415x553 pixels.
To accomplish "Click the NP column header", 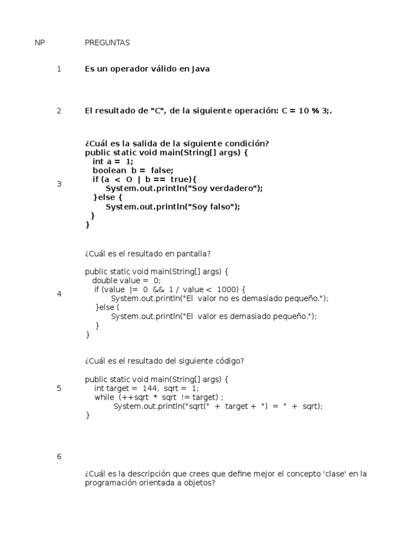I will tap(39, 43).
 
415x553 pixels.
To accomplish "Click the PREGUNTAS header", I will tap(107, 43).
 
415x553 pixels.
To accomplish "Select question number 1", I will tap(59, 69).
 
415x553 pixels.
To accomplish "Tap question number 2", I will tap(59, 111).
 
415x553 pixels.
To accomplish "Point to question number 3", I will tap(59, 184).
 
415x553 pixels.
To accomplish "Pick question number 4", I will tap(59, 294).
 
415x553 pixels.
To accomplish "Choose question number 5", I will tap(59, 388).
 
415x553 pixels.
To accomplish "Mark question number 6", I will tap(59, 456).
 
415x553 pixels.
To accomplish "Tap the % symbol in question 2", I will tap(315, 111).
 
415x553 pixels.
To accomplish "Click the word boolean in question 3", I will tap(109, 170).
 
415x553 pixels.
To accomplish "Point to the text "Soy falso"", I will tap(211, 207).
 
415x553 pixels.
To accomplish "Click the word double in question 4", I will tap(104, 281).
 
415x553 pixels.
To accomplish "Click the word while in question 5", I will tap(104, 397).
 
